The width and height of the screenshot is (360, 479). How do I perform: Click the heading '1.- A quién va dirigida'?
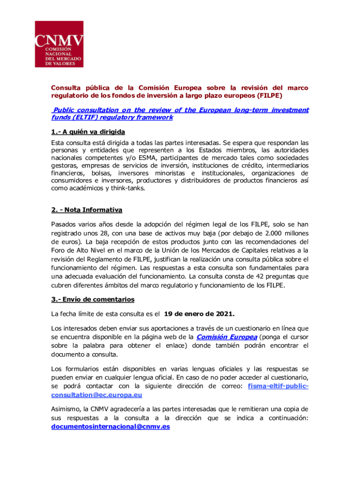point(88,131)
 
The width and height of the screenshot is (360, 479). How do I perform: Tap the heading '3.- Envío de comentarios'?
point(93,299)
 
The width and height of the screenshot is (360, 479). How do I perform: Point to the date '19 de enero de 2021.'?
point(199,313)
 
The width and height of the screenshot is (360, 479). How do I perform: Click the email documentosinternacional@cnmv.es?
point(110,427)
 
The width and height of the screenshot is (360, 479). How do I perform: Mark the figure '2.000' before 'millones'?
point(264,233)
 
